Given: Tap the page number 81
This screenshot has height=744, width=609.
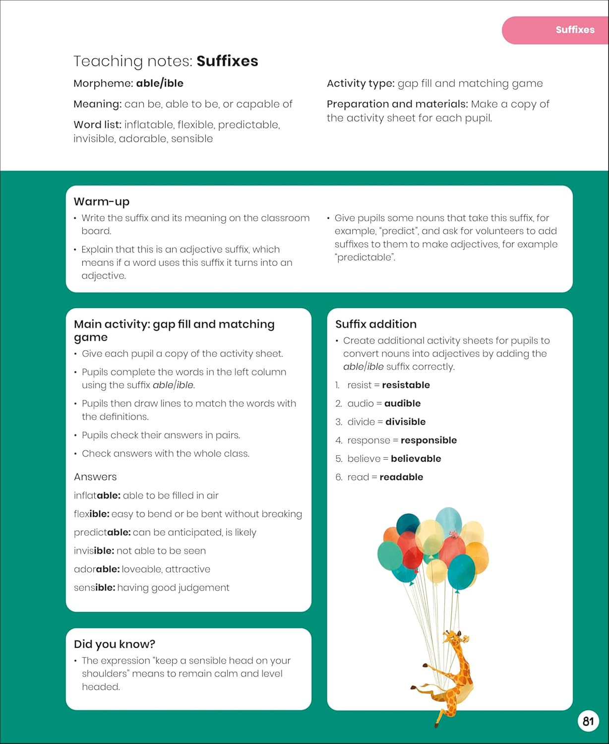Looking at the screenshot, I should pos(588,721).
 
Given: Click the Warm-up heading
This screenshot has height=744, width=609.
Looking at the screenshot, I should pos(102,201).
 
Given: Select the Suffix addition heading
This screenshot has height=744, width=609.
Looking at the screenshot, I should pos(376,324).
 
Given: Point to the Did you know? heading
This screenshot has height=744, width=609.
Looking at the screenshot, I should pos(115,644).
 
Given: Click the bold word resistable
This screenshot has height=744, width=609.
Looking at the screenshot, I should pos(406,385).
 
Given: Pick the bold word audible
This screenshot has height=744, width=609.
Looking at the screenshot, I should pos(402,403).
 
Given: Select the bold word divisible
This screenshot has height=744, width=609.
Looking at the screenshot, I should pos(405,422).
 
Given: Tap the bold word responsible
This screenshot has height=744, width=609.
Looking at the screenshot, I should pos(428,440).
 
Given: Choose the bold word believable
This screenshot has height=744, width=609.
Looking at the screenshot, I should pos(416,458).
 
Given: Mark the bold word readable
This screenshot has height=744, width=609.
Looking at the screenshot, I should pos(401,477).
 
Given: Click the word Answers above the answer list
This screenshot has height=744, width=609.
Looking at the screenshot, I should pos(95,477).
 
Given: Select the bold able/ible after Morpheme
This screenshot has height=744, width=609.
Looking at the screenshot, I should pos(160,83).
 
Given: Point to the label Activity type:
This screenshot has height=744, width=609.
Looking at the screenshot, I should pos(361,83).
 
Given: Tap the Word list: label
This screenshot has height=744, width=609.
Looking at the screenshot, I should pos(97,124).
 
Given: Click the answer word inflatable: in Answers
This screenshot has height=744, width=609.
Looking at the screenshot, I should pos(97,495).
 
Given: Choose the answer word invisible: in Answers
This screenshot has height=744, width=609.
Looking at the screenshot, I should pos(94,551).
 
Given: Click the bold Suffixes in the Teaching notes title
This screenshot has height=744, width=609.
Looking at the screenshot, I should pos(227,61).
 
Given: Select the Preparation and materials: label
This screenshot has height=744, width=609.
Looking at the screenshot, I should pos(397,104).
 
